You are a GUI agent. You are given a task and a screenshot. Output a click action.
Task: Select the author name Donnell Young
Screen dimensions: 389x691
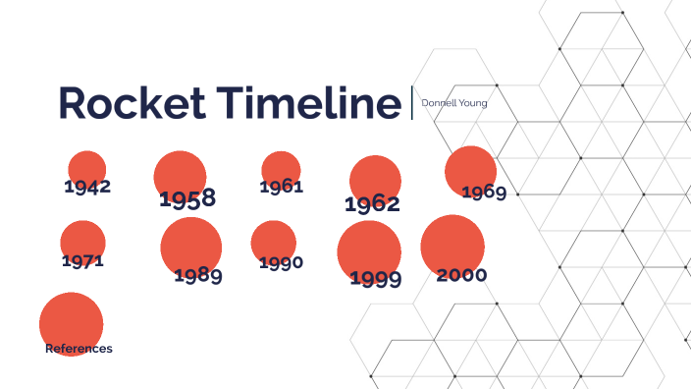(453, 102)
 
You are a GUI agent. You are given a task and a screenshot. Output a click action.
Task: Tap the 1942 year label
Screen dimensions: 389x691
(87, 186)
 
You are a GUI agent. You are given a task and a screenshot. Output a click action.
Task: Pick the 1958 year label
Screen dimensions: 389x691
(187, 199)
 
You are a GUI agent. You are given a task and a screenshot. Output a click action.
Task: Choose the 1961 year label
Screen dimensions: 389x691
(282, 187)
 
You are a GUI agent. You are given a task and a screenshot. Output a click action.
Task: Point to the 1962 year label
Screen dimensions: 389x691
(372, 204)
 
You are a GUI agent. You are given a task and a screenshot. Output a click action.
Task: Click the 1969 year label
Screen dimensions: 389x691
(484, 192)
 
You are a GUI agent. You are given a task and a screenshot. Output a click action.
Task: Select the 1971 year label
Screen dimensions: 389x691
(82, 261)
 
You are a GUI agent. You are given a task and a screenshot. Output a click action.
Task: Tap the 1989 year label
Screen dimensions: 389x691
(198, 276)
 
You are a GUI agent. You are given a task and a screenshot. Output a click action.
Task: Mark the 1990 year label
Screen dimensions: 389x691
(281, 262)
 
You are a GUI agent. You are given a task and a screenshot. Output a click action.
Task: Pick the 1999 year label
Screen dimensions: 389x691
(376, 280)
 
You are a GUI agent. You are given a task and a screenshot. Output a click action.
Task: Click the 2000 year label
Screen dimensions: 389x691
(461, 275)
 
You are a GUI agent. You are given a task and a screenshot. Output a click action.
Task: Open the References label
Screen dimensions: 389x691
(79, 349)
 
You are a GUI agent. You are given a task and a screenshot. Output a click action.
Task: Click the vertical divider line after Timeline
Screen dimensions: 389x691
(412, 102)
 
